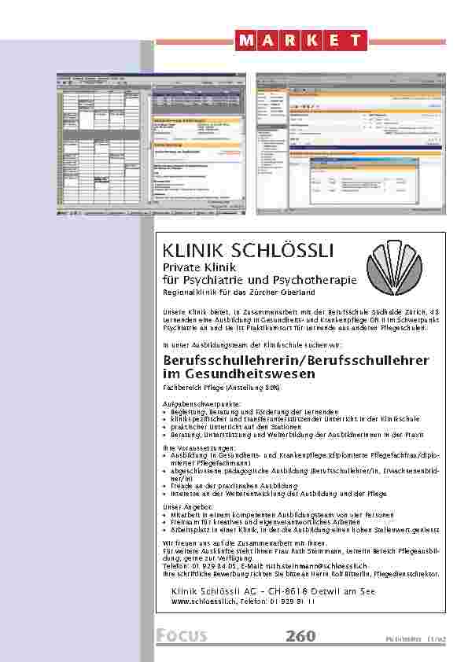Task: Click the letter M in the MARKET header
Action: [245, 40]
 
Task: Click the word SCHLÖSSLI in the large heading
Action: [283, 251]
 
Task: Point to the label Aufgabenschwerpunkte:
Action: [192, 403]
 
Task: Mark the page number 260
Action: [303, 637]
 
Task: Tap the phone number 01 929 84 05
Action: [203, 565]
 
